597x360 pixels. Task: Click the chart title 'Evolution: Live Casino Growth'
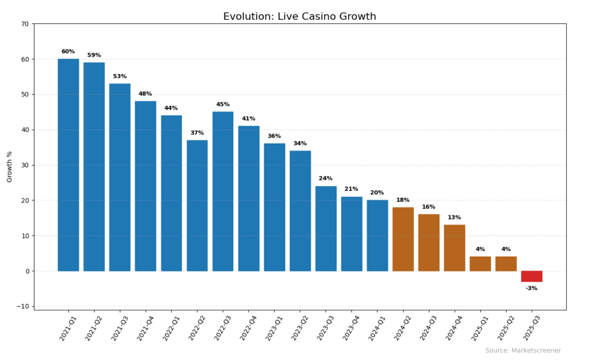click(x=299, y=16)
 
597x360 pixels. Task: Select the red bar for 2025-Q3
click(x=531, y=276)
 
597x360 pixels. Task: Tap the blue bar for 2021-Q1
click(x=68, y=165)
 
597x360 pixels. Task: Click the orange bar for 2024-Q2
click(x=403, y=239)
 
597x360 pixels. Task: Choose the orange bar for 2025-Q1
click(x=480, y=264)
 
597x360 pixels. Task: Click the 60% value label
click(x=68, y=51)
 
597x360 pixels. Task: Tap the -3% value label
click(x=531, y=288)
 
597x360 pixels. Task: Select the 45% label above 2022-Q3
click(x=223, y=104)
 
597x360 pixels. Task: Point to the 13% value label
click(x=454, y=218)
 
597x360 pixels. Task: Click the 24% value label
click(x=326, y=179)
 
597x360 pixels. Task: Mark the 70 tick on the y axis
click(x=24, y=24)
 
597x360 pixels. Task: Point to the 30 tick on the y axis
click(x=24, y=165)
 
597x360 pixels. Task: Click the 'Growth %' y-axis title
click(x=9, y=166)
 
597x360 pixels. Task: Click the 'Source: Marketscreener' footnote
click(x=523, y=351)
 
